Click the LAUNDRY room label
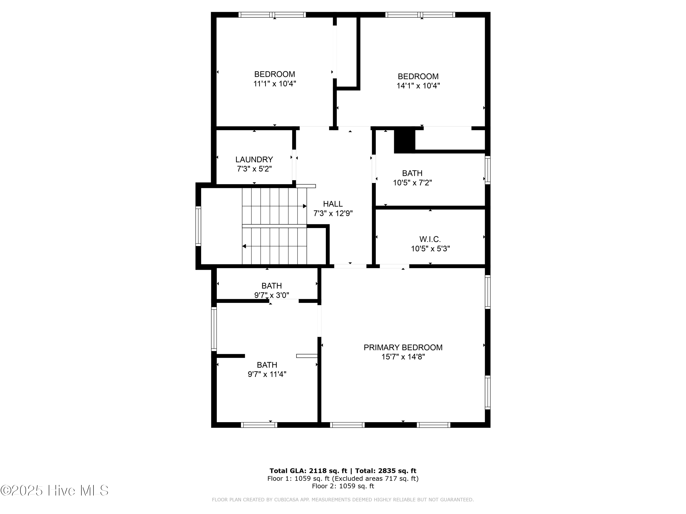254,159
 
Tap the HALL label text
333,204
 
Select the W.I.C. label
430,239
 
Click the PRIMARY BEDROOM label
403,347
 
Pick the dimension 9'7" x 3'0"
272,295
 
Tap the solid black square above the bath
405,141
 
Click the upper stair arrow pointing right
305,206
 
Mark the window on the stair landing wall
198,226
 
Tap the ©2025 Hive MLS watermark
55,490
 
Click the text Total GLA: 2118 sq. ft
308,471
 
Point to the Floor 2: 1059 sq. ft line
343,486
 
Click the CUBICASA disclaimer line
343,499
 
